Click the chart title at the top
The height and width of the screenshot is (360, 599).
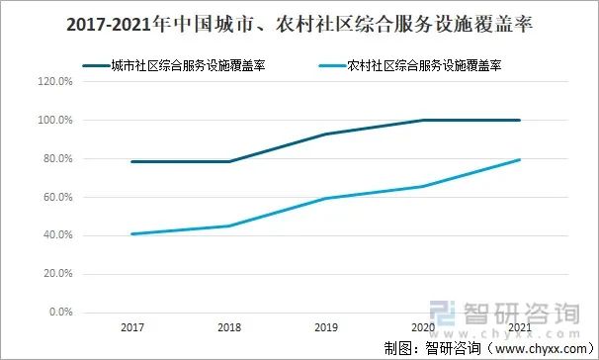pos(299,27)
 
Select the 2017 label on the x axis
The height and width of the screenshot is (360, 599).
pos(131,326)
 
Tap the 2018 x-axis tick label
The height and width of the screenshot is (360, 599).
pos(228,326)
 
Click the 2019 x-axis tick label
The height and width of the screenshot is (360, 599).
pos(325,326)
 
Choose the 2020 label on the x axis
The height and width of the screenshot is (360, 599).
pos(423,326)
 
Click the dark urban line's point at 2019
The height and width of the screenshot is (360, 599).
pos(325,135)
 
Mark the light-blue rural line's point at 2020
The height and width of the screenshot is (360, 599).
pos(423,186)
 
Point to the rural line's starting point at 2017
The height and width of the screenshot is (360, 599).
pos(131,234)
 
